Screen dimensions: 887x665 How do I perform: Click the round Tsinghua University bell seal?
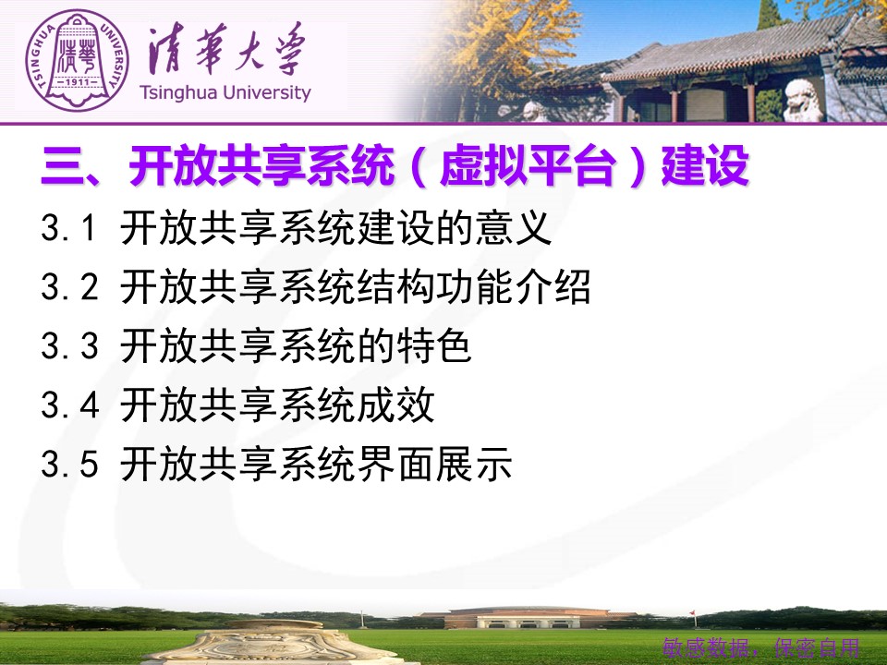pyautogui.click(x=77, y=61)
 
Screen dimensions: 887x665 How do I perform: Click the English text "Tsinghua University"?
pyautogui.click(x=225, y=92)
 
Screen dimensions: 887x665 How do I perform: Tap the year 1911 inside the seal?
pyautogui.click(x=78, y=82)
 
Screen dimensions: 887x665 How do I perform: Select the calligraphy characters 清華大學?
pyautogui.click(x=227, y=49)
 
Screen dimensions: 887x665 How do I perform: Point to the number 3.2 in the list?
pyautogui.click(x=69, y=286)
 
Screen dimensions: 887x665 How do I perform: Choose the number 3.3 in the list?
pyautogui.click(x=69, y=346)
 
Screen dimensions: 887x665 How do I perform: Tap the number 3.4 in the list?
pyautogui.click(x=69, y=405)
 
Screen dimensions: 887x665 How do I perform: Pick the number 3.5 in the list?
pyautogui.click(x=69, y=464)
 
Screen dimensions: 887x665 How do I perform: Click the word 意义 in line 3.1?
pyautogui.click(x=513, y=228)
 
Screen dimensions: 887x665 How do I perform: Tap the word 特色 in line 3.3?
pyautogui.click(x=434, y=345)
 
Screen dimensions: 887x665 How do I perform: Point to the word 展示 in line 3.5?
pyautogui.click(x=474, y=464)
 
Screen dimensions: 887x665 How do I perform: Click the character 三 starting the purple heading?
pyautogui.click(x=62, y=166)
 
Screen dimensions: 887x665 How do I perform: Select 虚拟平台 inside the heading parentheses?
pyautogui.click(x=528, y=165)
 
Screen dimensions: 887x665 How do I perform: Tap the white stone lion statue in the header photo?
pyautogui.click(x=803, y=100)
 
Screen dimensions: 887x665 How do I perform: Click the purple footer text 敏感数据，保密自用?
pyautogui.click(x=761, y=647)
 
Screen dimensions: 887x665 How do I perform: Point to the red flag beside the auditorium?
pyautogui.click(x=692, y=614)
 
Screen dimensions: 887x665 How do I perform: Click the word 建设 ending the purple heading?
pyautogui.click(x=705, y=165)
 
